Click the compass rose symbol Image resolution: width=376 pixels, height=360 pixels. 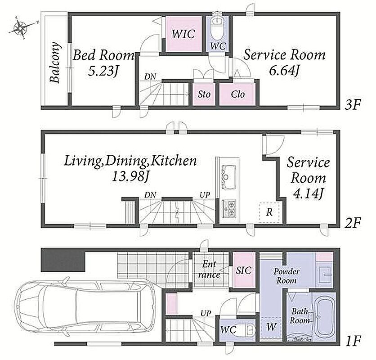point(21,27)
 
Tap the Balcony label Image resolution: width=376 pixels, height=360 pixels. point(55,63)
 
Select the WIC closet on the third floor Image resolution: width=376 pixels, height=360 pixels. point(184,34)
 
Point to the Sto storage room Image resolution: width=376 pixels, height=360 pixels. point(204,94)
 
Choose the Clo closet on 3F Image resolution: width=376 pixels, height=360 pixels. point(237,94)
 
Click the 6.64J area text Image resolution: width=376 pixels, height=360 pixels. point(284,71)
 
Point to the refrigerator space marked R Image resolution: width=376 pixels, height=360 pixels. point(269,212)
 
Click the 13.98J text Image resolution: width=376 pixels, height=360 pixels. point(131,177)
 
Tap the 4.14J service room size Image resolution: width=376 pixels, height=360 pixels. point(308,193)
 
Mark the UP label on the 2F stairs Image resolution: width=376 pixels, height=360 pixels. point(205,195)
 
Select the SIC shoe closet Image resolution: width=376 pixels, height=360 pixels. point(244,270)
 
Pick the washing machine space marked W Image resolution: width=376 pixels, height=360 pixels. point(271,327)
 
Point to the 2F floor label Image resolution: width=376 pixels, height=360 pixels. point(353,224)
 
